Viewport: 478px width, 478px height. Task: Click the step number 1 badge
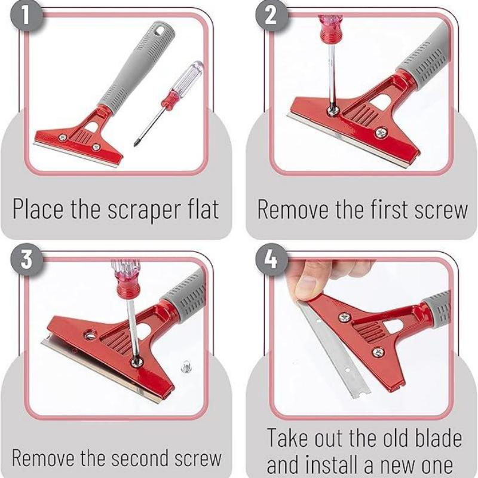[26, 16]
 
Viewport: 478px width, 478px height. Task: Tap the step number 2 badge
[271, 16]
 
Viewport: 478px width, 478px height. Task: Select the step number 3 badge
[26, 259]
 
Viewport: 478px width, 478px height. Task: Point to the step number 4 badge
[271, 259]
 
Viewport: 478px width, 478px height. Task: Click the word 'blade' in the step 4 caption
[439, 438]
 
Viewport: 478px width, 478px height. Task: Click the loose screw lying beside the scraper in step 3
[186, 366]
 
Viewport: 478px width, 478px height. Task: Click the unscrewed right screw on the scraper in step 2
[381, 133]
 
